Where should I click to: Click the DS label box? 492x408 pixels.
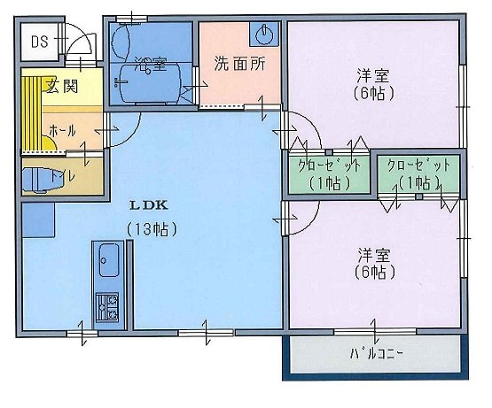tap(39, 42)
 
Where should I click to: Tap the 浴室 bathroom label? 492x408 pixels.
tap(150, 64)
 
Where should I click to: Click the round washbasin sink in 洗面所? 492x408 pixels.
tap(263, 35)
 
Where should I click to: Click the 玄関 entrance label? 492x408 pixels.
tap(59, 86)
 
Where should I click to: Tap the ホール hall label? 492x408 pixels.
tap(62, 130)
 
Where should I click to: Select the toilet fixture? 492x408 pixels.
tap(38, 178)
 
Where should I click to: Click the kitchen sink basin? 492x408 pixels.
tap(109, 260)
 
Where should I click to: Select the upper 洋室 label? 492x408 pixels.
tap(372, 74)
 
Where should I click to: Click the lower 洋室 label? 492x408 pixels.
tap(372, 254)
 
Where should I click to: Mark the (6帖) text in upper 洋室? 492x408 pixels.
tap(372, 92)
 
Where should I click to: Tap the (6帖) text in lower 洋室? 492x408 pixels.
tap(372, 273)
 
